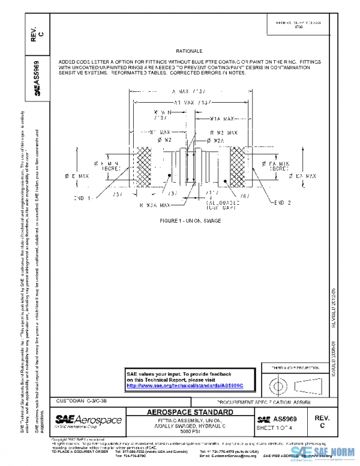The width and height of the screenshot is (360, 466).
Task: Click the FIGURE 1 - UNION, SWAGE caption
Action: tap(190, 222)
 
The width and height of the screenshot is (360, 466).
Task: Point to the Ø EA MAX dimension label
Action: tap(303, 176)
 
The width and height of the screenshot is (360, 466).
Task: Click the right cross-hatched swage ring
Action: tap(234, 170)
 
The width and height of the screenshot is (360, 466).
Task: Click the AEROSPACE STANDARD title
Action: tap(190, 412)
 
